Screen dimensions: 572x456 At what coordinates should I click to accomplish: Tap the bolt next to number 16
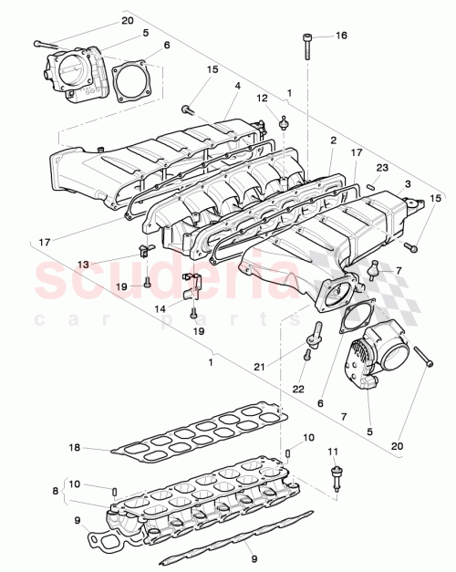click(x=306, y=46)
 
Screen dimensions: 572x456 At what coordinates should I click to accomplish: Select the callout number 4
click(x=236, y=86)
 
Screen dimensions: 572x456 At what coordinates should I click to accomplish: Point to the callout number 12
click(x=261, y=98)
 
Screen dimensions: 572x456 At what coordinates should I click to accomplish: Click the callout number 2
click(x=334, y=141)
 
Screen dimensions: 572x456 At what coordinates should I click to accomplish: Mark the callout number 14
click(x=161, y=309)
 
